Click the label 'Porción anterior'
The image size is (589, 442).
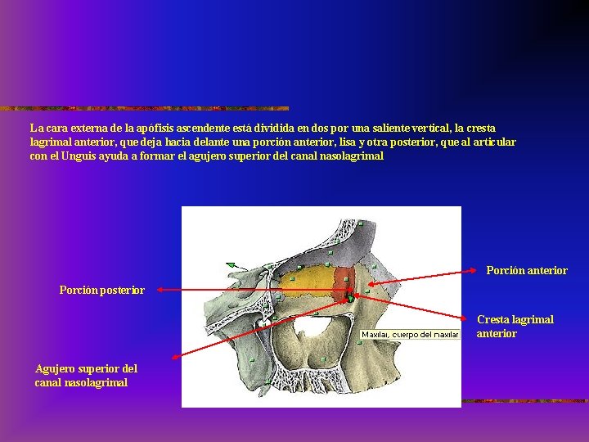[526, 270]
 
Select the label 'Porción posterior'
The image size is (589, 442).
[101, 290]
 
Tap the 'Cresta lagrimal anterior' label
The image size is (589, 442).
[515, 327]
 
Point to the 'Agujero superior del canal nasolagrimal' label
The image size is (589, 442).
[86, 376]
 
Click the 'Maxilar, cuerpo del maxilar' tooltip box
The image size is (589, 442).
[410, 334]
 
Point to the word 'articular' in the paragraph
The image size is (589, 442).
[492, 142]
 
